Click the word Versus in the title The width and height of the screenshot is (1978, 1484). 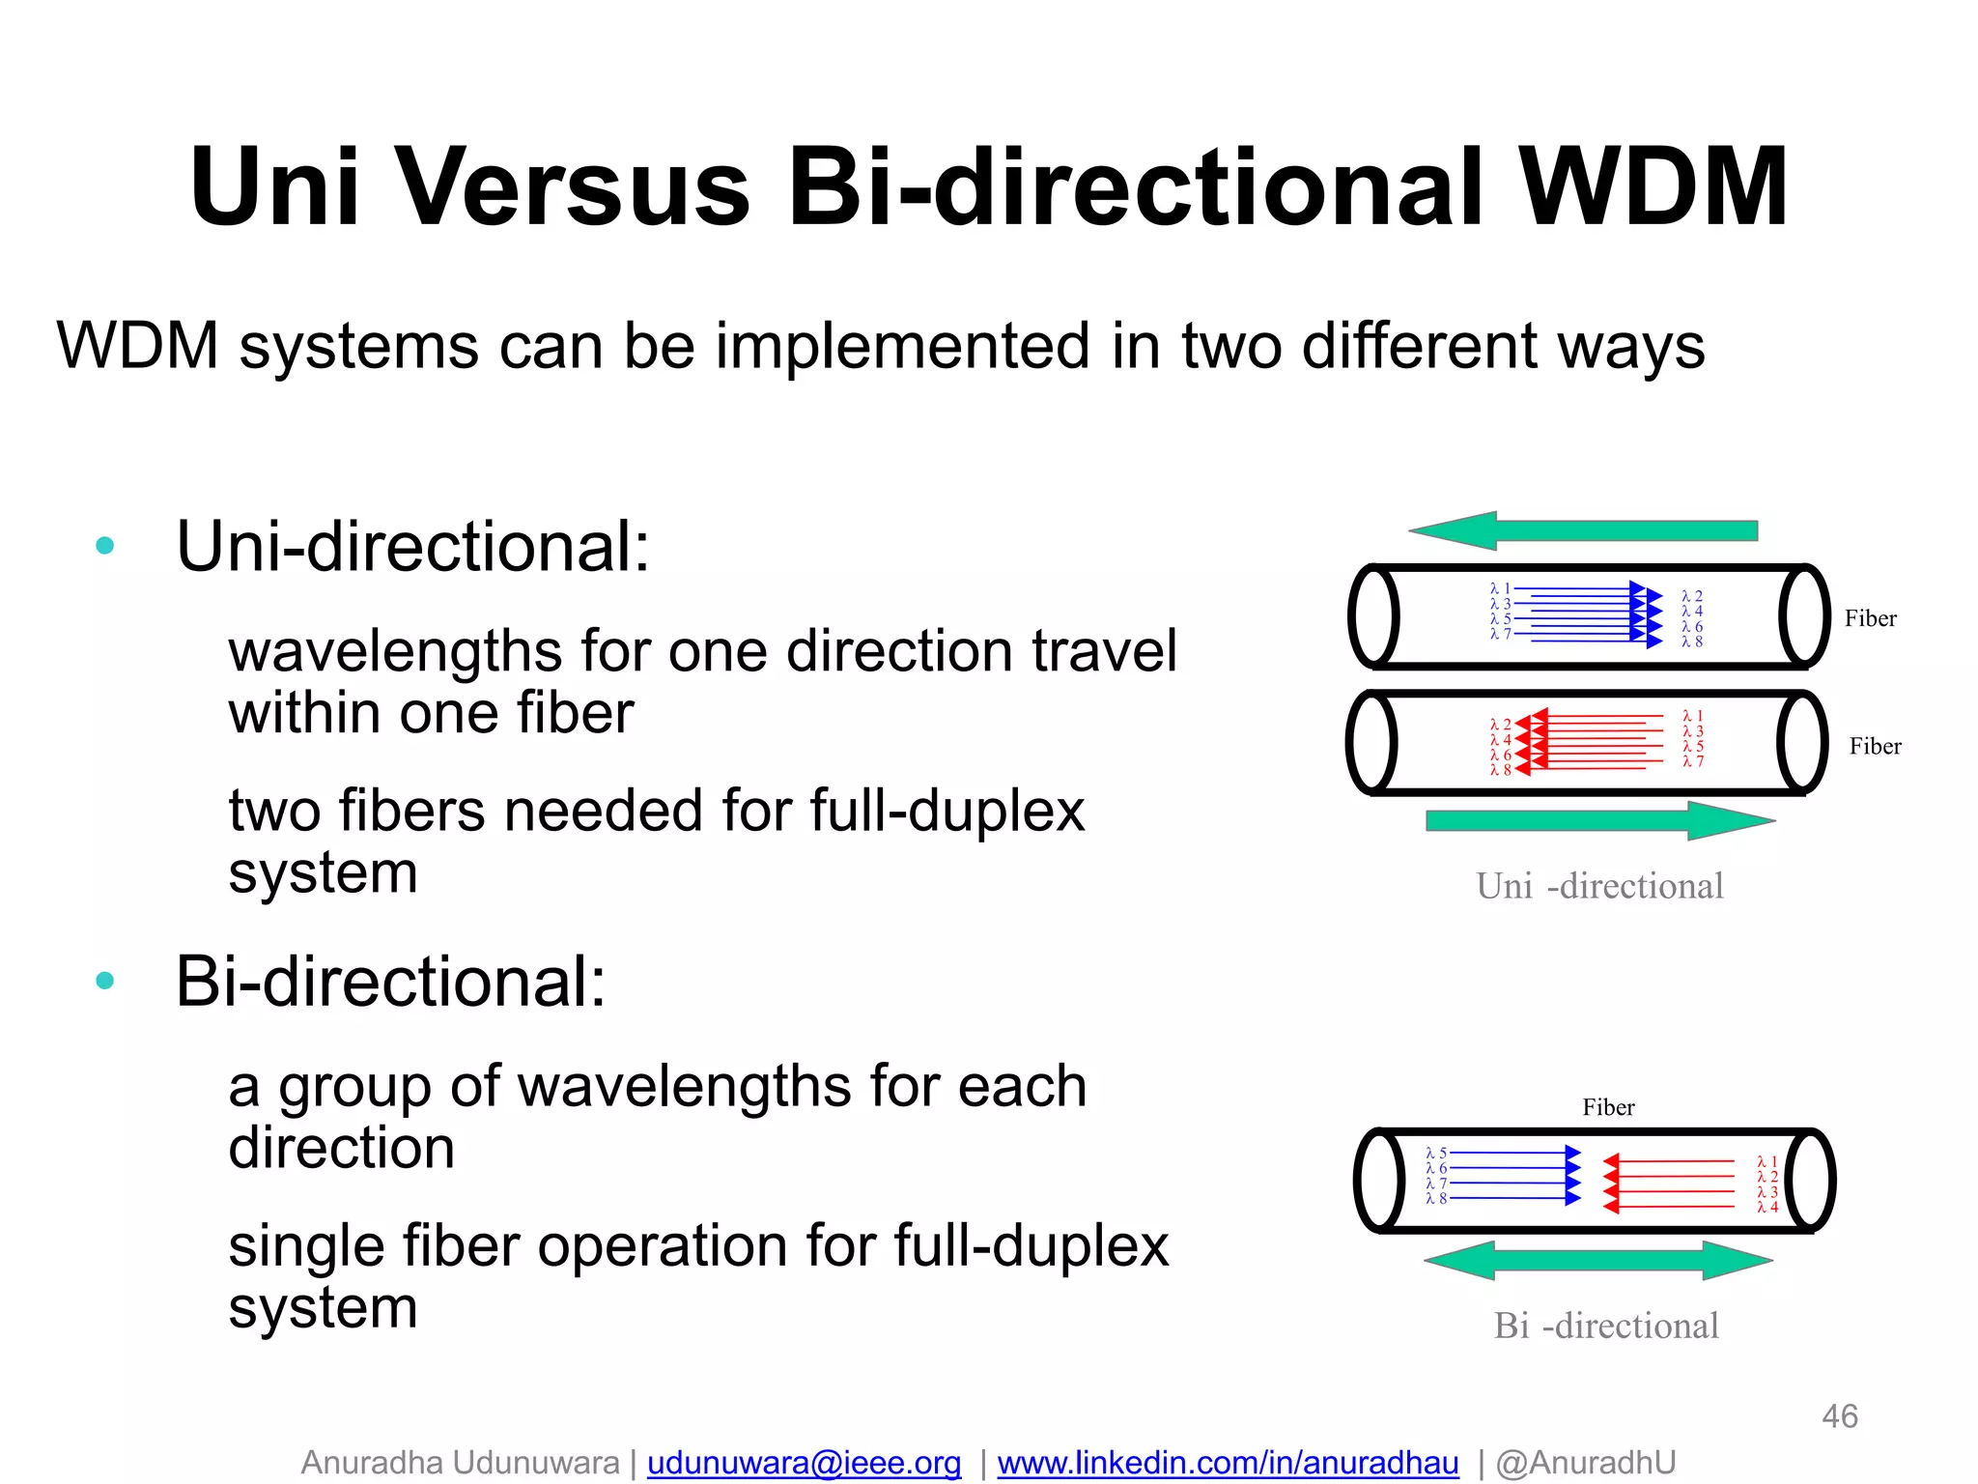click(576, 186)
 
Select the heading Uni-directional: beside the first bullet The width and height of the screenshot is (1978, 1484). click(412, 547)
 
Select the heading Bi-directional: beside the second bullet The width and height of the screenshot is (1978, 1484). click(390, 982)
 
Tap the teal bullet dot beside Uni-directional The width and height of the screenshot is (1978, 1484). click(105, 546)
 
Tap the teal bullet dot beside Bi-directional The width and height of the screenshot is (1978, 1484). click(105, 982)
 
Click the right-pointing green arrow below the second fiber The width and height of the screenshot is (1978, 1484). click(1599, 820)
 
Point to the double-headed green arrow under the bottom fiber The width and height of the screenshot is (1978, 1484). click(1598, 1260)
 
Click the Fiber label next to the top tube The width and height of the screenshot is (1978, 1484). click(1870, 618)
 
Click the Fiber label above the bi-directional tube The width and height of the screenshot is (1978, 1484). click(1608, 1107)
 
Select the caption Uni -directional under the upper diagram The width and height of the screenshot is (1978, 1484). click(1599, 886)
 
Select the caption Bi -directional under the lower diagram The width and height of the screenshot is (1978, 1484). click(1606, 1326)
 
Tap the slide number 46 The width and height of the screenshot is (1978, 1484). click(1839, 1416)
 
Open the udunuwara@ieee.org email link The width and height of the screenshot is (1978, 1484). click(804, 1463)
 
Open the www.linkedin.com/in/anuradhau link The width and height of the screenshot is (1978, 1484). click(1228, 1463)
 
